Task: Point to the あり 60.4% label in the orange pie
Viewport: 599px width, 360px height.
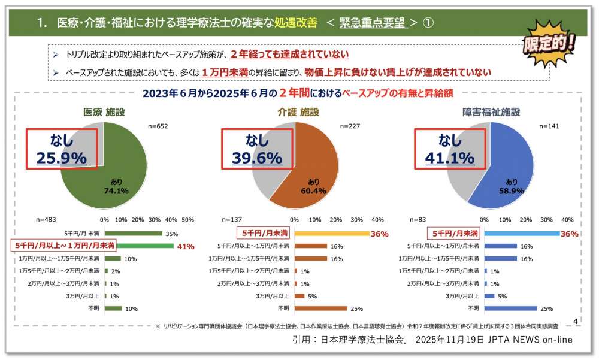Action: (x=313, y=186)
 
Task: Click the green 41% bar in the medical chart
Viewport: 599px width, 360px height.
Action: (x=139, y=246)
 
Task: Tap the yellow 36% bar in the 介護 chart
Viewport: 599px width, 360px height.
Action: (x=332, y=233)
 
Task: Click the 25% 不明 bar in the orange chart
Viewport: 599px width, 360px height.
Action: (x=320, y=308)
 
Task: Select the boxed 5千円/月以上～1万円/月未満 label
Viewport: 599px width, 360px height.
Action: (x=63, y=246)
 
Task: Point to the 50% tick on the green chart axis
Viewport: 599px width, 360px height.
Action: (x=187, y=220)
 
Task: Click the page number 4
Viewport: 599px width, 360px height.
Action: (x=576, y=322)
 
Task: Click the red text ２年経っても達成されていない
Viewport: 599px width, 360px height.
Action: (x=290, y=55)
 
